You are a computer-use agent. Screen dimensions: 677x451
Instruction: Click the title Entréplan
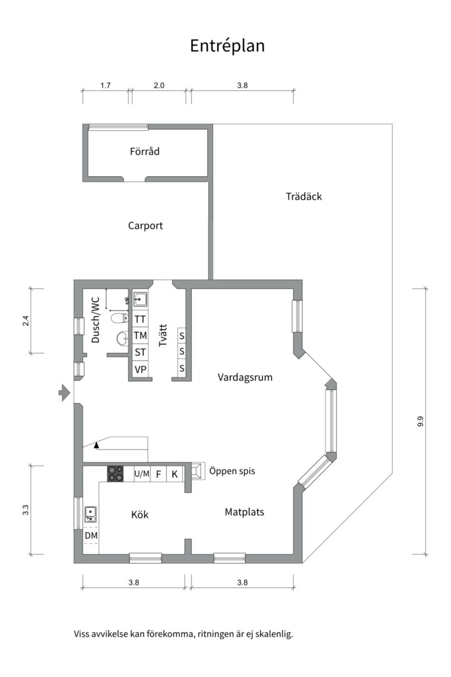[x=227, y=46]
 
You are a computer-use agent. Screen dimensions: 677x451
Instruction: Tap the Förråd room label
[x=145, y=151]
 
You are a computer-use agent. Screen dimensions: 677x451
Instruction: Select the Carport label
[x=145, y=226]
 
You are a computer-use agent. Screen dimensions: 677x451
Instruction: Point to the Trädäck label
[x=304, y=196]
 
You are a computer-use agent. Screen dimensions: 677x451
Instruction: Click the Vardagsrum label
[x=245, y=377]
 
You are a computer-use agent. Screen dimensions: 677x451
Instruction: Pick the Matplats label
[x=244, y=512]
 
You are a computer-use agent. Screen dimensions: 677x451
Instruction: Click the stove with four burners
[x=116, y=474]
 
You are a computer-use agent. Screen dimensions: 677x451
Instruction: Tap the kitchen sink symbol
[x=90, y=515]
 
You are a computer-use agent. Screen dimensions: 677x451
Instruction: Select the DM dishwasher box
[x=91, y=536]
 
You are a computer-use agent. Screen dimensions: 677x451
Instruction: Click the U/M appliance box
[x=142, y=474]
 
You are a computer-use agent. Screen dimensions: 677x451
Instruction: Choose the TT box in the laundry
[x=140, y=318]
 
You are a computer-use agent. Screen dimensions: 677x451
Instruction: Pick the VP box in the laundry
[x=140, y=369]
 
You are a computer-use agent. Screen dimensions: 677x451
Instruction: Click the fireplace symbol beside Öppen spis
[x=197, y=471]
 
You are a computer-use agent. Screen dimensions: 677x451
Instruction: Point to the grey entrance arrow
[x=64, y=393]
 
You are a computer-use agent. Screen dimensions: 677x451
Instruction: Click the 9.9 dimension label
[x=420, y=422]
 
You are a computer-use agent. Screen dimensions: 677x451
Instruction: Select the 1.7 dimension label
[x=105, y=86]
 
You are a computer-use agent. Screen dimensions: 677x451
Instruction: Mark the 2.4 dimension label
[x=26, y=320]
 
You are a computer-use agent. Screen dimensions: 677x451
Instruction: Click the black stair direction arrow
[x=96, y=445]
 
